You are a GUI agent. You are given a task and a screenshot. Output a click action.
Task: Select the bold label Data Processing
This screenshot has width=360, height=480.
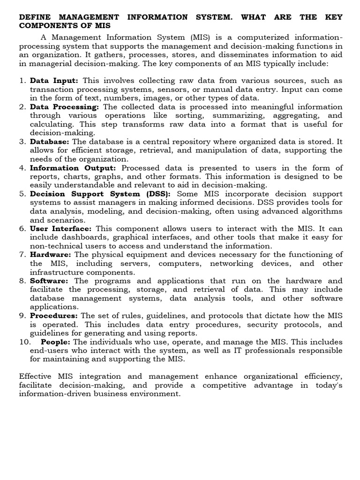64,106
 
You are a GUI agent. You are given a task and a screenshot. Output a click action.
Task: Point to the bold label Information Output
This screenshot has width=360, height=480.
73,168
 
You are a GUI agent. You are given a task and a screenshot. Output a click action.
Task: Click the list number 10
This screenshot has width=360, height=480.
24,342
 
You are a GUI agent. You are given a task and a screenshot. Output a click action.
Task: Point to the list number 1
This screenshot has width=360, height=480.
22,81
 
